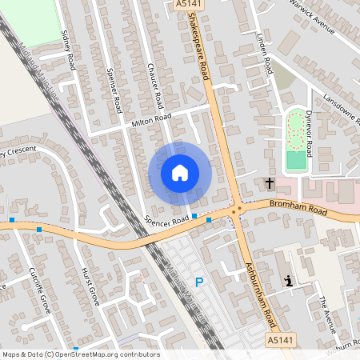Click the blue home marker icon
179,173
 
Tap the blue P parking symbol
199,282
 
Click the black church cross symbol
270,183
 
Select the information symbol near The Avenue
288,281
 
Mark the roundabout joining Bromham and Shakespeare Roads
236,210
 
